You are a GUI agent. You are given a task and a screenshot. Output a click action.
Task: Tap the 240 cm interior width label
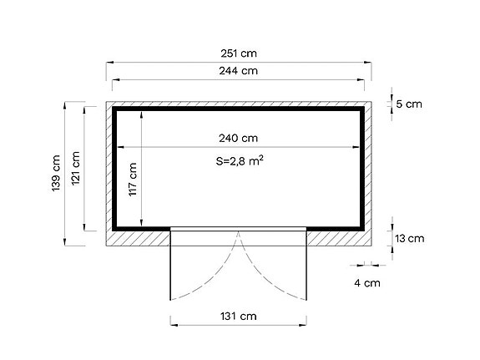coord(238,138)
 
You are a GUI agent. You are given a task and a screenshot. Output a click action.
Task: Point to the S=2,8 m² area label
coord(240,162)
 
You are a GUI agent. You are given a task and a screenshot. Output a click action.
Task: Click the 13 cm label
coord(409,238)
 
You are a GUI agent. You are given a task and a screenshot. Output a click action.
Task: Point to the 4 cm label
coord(367,282)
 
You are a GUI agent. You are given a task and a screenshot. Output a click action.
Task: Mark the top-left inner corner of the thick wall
coord(117,111)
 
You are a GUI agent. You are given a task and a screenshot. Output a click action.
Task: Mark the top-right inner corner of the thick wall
coord(361,111)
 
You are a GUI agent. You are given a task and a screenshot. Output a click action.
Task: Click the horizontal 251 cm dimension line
coord(167,62)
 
